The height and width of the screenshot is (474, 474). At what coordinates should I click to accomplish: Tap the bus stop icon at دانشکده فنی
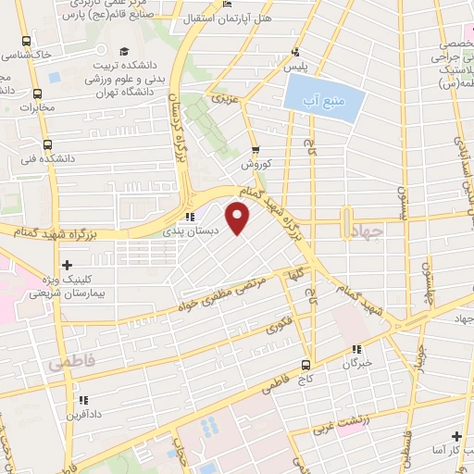[x=47, y=143]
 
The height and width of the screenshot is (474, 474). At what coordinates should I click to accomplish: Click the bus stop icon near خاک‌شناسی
[x=24, y=42]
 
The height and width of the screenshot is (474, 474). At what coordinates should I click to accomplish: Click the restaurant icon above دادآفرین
[x=82, y=400]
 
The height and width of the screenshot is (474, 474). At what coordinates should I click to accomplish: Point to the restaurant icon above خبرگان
[x=356, y=349]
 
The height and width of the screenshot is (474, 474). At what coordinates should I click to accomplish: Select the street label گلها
[x=295, y=275]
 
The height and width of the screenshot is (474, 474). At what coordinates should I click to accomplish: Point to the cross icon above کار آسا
[x=455, y=435]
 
